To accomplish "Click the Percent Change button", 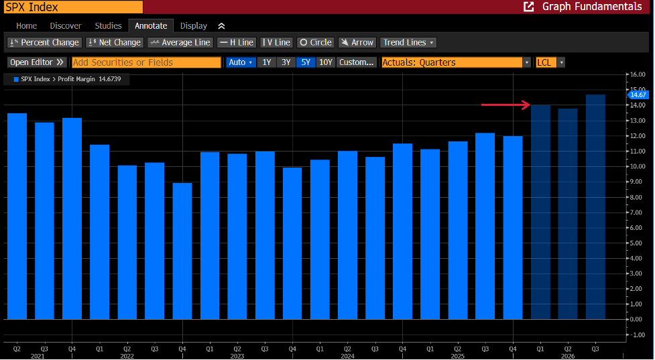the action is tap(44, 43).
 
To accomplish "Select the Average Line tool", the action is tap(180, 43).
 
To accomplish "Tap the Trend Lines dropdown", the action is tap(408, 43).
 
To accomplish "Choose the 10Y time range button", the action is tap(325, 62).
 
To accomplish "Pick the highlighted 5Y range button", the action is tap(306, 62).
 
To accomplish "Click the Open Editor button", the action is tap(37, 62).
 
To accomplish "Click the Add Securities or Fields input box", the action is tap(146, 62).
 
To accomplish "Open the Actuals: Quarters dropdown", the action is tap(456, 62).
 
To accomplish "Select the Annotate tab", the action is tap(151, 26).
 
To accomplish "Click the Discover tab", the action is tap(66, 26).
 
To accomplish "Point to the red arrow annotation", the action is tap(506, 105).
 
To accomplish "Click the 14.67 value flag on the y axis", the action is tap(638, 95).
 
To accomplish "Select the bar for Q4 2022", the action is tap(182, 251).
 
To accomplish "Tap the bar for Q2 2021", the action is tap(17, 217).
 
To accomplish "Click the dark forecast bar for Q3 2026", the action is tap(595, 207).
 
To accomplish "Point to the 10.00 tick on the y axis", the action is tap(638, 166).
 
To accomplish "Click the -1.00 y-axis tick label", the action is tap(638, 335).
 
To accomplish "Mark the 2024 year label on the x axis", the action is tap(347, 356).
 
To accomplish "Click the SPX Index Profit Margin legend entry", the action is tap(67, 79).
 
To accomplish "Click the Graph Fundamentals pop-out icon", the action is tap(529, 7).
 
